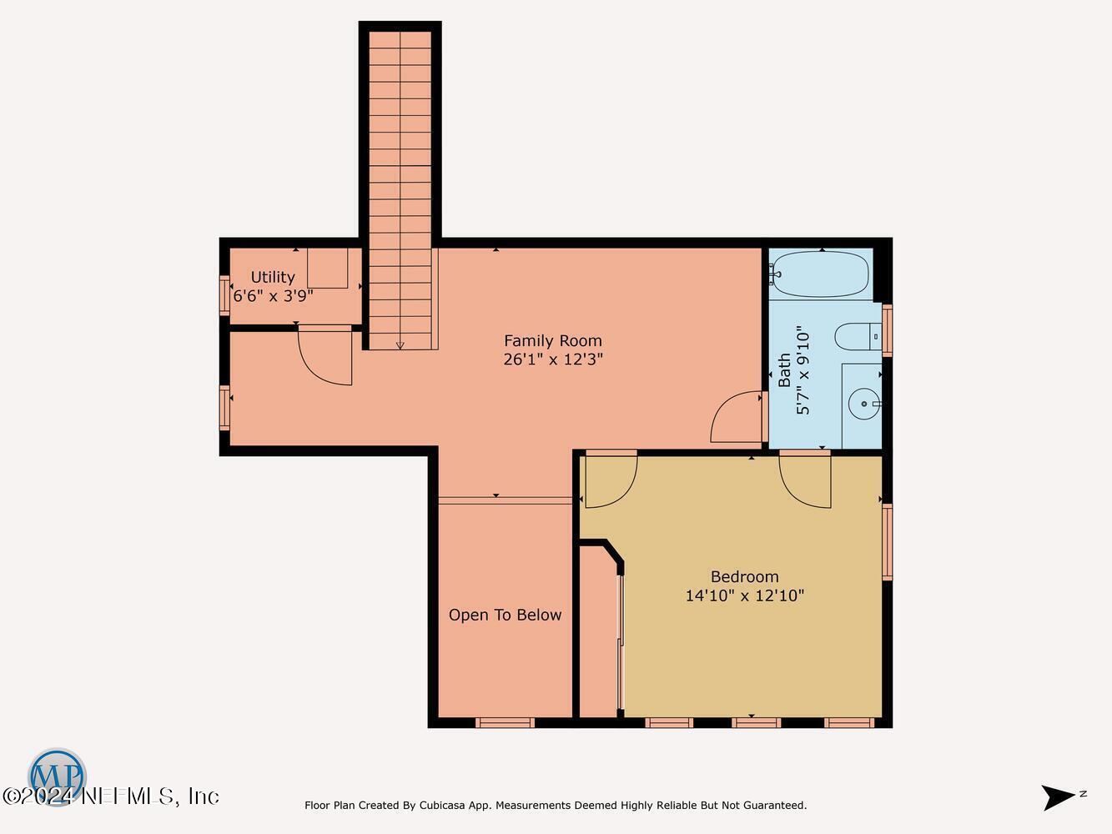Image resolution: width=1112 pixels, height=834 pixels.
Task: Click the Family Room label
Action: click(x=552, y=340)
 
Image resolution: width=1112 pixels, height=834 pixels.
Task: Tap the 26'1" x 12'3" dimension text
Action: click(x=552, y=359)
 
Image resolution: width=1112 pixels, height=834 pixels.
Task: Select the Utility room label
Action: click(x=273, y=277)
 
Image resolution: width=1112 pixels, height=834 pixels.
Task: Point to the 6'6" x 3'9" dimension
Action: click(x=273, y=295)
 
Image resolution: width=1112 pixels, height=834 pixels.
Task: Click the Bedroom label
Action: click(x=744, y=576)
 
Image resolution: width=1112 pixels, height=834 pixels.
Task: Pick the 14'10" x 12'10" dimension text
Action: click(x=744, y=595)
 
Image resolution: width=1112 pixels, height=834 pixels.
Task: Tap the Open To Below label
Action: click(x=505, y=615)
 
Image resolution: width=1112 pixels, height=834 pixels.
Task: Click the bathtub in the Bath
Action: click(x=821, y=274)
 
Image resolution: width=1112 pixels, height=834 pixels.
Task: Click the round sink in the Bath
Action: click(x=863, y=404)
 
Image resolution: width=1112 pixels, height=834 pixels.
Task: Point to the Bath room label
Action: click(x=784, y=369)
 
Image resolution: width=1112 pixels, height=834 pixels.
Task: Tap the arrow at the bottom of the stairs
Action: click(x=400, y=344)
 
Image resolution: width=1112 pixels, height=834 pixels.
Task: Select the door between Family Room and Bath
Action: click(x=737, y=417)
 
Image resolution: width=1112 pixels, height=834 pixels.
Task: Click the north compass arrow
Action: click(x=1059, y=796)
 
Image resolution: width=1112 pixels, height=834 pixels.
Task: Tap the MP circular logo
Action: click(x=57, y=776)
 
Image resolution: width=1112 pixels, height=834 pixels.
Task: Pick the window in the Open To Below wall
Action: click(x=505, y=722)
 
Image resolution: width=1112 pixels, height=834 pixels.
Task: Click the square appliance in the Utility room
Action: click(x=327, y=268)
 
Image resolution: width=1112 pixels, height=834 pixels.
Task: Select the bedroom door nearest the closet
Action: click(x=611, y=480)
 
